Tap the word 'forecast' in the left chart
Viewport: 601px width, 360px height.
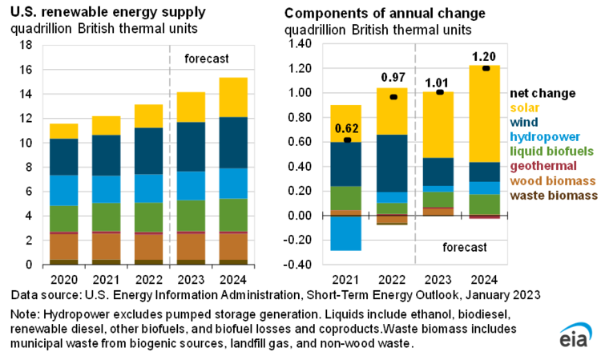click(207, 59)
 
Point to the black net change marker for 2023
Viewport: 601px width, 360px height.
click(438, 92)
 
